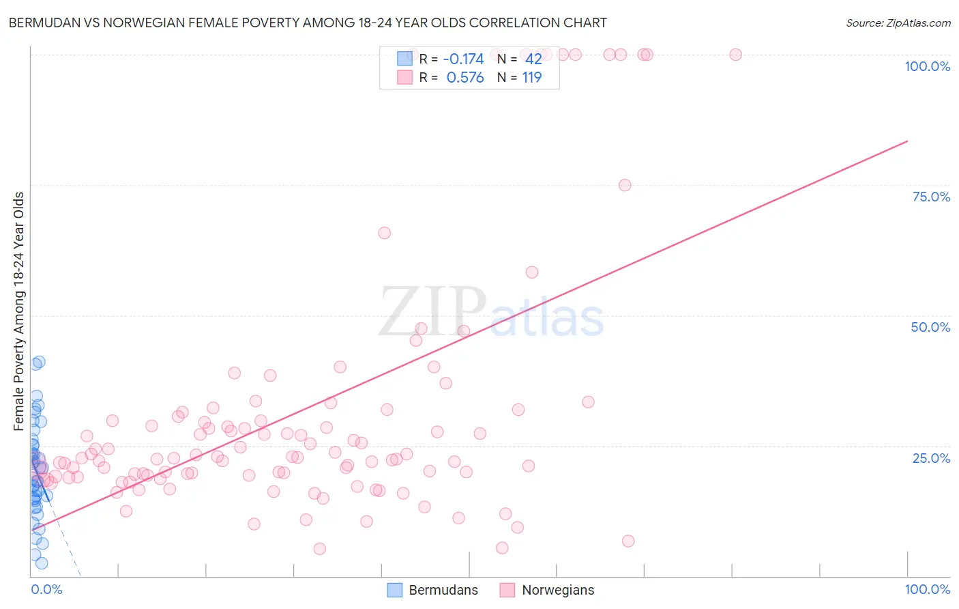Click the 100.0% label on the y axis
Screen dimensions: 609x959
point(927,66)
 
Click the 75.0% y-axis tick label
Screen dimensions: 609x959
point(931,197)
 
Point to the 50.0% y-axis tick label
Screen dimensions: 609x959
point(930,327)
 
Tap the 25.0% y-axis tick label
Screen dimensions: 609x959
point(931,458)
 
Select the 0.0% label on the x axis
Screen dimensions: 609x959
point(46,589)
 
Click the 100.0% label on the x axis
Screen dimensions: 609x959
point(927,589)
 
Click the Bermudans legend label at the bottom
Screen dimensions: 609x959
point(443,590)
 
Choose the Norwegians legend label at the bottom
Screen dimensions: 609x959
point(558,590)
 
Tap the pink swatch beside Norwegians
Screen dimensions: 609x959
point(507,590)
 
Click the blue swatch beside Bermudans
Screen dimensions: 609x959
point(394,590)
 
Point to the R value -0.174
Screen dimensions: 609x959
point(463,59)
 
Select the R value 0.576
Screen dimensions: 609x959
point(465,78)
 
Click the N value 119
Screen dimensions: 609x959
point(532,78)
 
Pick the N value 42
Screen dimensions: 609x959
point(533,59)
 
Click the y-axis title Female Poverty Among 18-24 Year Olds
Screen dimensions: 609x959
point(19,311)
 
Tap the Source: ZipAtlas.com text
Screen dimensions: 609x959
point(898,23)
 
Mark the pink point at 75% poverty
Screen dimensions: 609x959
point(625,185)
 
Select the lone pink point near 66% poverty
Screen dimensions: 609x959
point(385,233)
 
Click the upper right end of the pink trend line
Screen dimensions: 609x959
point(907,141)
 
